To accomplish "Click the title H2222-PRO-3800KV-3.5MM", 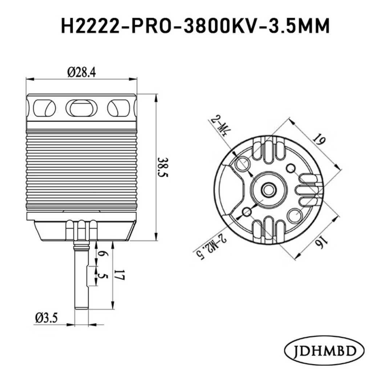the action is coord(195,26).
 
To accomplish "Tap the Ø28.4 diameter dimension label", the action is coord(82,72).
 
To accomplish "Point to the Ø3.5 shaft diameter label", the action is coord(46,318).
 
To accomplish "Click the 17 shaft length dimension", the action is coord(119,275).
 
